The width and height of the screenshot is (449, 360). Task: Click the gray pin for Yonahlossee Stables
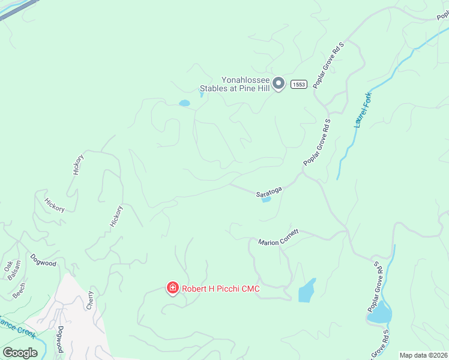point(278,83)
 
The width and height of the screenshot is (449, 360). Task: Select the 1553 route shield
point(299,85)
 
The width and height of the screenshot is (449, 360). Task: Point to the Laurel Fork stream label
point(363,109)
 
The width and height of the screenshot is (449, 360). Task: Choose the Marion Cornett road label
point(279,237)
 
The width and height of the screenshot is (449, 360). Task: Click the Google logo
point(20,352)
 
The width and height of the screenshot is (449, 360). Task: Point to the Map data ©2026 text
point(423,355)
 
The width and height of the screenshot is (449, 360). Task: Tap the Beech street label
point(19,290)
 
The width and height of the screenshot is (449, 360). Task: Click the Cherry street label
point(91,299)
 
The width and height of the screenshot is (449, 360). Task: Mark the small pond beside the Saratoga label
point(267,200)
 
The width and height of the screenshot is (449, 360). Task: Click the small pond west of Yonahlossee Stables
point(184,103)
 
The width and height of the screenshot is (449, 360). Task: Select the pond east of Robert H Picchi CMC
point(307,291)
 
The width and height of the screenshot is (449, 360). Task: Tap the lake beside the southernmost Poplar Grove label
point(379,313)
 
